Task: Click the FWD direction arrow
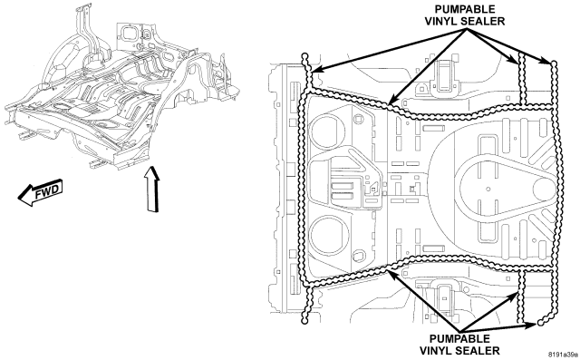40,192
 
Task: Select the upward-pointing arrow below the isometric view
152,189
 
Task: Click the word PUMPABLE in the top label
465,9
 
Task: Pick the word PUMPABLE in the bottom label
459,338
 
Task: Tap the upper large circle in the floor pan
326,131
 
